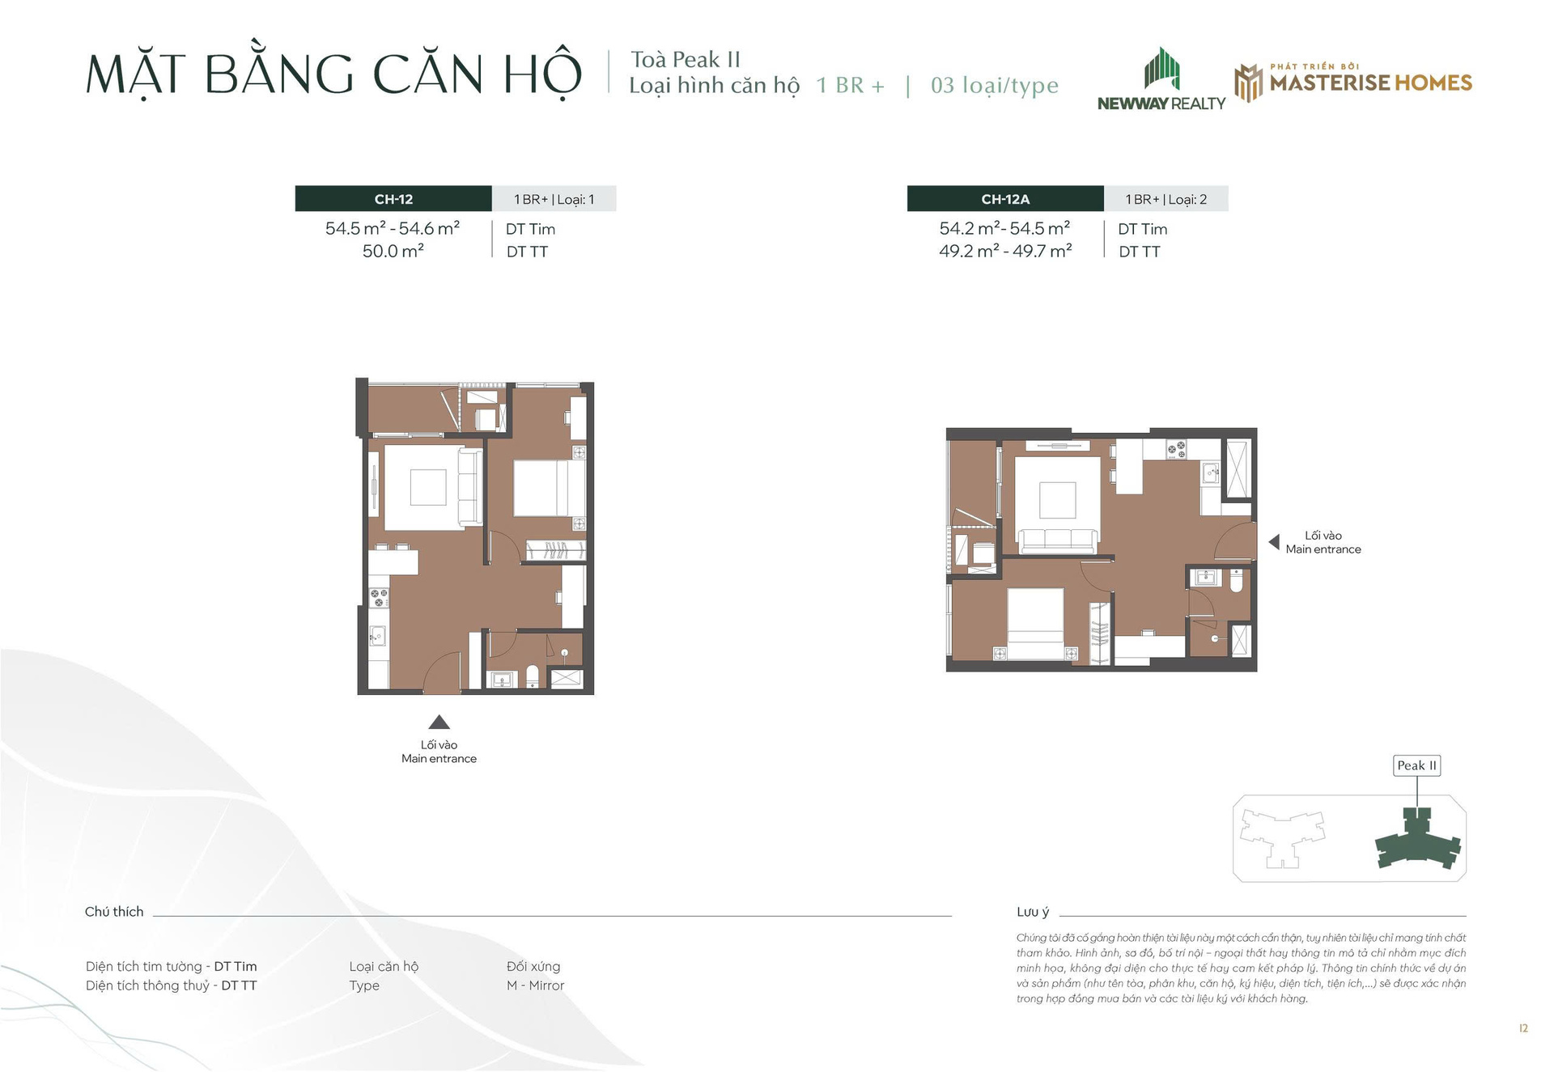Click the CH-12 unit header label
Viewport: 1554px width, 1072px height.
coord(393,199)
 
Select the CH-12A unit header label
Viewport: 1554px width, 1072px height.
coord(1005,199)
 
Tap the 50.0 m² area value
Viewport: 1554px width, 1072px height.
coord(393,252)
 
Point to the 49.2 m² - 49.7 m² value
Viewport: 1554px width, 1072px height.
coord(1005,252)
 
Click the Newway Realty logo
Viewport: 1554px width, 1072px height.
coord(1161,79)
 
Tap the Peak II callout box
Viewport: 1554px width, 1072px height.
coord(1417,765)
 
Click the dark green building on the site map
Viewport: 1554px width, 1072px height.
coord(1418,841)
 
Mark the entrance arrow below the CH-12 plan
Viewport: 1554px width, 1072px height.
coord(439,722)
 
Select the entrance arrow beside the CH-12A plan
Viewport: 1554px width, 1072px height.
coord(1274,541)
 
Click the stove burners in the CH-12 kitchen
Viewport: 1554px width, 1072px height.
coord(378,598)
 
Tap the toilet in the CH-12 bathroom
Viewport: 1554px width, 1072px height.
coord(533,676)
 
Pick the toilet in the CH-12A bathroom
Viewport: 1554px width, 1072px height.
coord(1236,582)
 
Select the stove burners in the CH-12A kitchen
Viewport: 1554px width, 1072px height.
coord(1176,450)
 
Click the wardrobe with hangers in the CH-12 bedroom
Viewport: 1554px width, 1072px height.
coord(556,550)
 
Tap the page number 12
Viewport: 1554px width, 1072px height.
coord(1523,1028)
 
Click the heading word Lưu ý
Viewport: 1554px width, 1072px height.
coord(1033,912)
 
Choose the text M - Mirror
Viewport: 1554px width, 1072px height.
coord(535,985)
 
